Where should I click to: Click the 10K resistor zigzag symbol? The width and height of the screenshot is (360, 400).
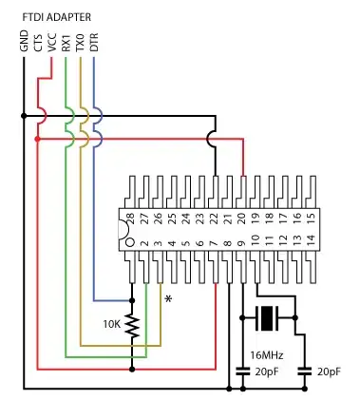pyautogui.click(x=132, y=327)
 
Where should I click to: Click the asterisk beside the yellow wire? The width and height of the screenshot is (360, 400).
pyautogui.click(x=169, y=300)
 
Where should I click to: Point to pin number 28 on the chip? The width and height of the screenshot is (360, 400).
pyautogui.click(x=131, y=219)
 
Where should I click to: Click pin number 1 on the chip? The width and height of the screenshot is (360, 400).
pyautogui.click(x=131, y=243)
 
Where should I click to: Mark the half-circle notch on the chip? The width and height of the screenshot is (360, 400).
pyautogui.click(x=123, y=231)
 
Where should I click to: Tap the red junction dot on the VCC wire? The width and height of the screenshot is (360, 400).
pyautogui.click(x=36, y=139)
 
